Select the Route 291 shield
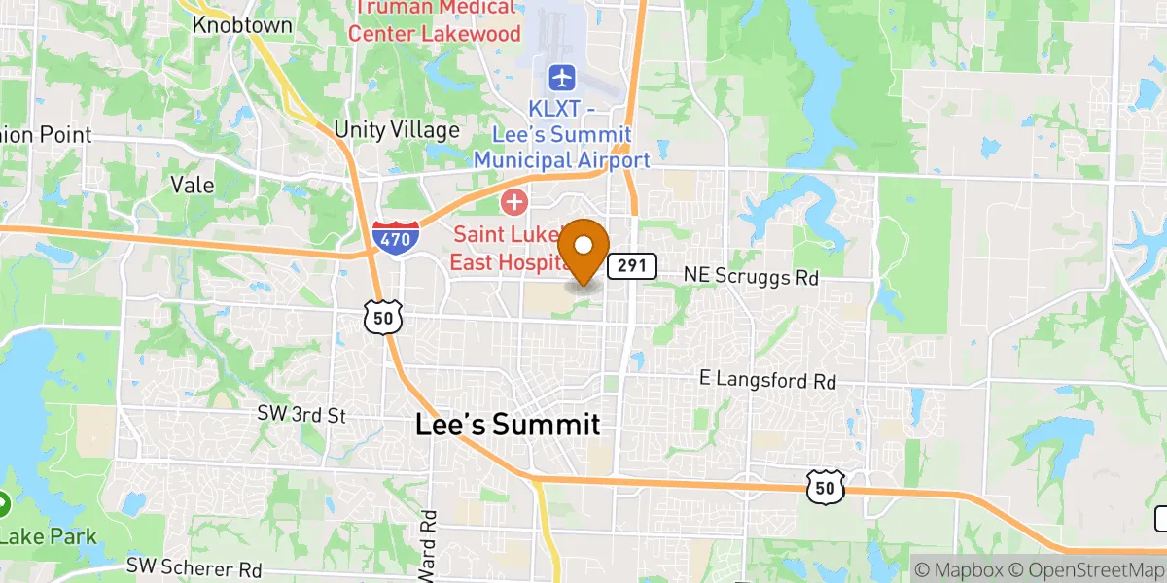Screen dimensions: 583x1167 [633, 265]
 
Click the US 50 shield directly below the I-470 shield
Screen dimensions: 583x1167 [380, 315]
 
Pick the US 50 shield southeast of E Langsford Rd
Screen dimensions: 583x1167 [824, 489]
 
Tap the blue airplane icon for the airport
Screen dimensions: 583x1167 [562, 76]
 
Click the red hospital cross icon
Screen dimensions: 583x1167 [513, 203]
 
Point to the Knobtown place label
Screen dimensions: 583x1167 [242, 25]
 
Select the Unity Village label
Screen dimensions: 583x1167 [397, 130]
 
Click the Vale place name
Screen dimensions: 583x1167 [192, 185]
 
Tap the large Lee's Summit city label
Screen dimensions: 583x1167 [507, 425]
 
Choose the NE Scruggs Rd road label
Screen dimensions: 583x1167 [751, 277]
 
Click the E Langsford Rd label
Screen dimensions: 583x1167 [768, 380]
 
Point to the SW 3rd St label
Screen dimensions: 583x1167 [301, 415]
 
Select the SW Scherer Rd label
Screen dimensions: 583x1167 [194, 567]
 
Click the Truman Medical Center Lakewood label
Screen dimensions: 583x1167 [434, 20]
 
